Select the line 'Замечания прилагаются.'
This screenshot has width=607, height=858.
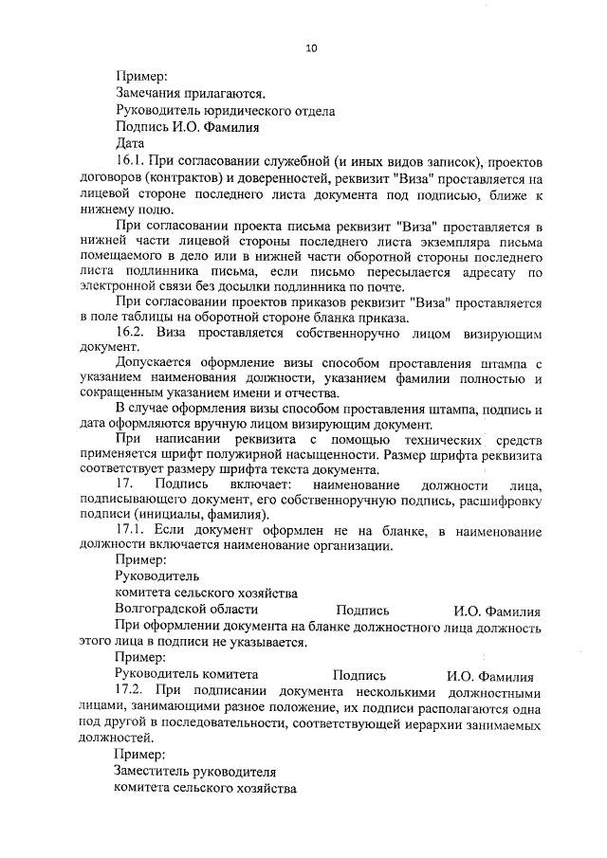tap(190, 93)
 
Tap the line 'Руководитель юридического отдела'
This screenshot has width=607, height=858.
tap(225, 110)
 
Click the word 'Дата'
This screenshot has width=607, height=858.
tap(130, 143)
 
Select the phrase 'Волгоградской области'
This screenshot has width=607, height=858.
tap(186, 611)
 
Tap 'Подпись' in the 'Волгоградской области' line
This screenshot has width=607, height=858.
tap(362, 611)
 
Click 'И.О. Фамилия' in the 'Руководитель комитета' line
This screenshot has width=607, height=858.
tap(489, 675)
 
